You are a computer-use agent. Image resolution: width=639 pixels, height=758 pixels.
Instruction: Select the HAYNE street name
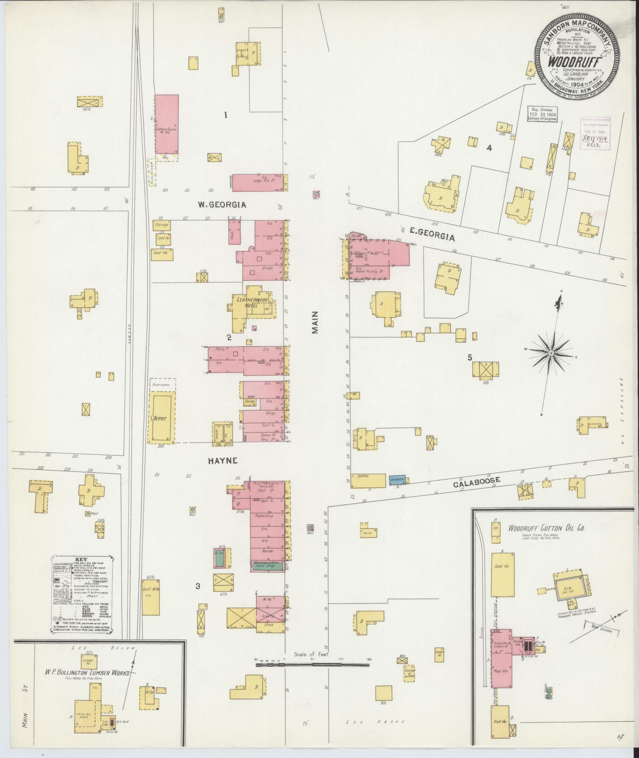pyautogui.click(x=222, y=460)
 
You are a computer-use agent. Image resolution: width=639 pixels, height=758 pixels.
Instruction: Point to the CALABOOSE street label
pyautogui.click(x=477, y=482)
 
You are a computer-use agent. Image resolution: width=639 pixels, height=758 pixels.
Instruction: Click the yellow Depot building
pyautogui.click(x=162, y=418)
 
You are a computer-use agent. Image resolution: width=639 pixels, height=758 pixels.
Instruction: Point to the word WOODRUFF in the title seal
pyautogui.click(x=575, y=63)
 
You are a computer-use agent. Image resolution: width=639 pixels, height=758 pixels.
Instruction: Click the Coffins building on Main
pyautogui.click(x=368, y=480)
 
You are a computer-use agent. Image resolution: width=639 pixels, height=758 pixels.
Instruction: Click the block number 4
pyautogui.click(x=489, y=148)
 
